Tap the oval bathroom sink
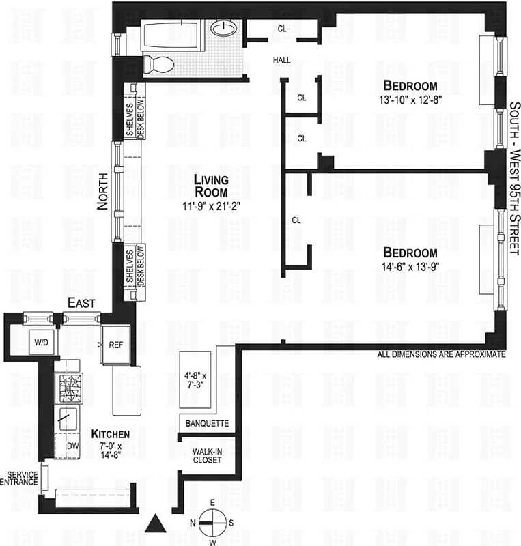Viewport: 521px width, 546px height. (222, 29)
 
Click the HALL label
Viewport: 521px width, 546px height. (282, 60)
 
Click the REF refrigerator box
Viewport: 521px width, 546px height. (116, 345)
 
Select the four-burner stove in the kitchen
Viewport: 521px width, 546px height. (70, 388)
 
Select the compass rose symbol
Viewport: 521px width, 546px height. (212, 522)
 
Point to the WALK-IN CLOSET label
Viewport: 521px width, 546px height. (206, 455)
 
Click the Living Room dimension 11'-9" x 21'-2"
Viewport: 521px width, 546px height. (210, 204)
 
